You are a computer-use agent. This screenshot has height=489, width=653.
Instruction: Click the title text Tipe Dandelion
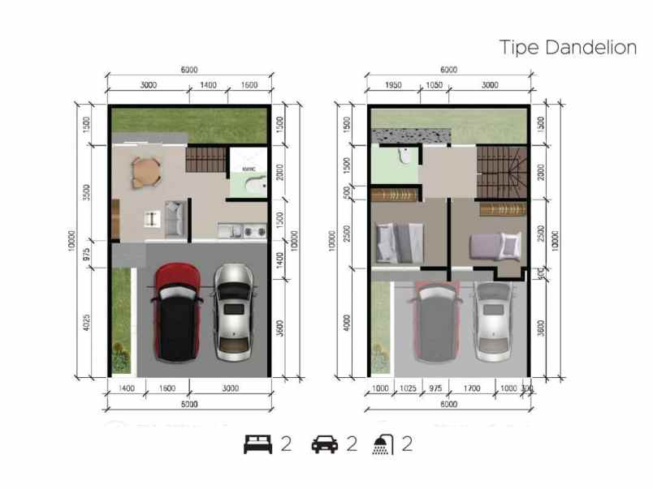567,48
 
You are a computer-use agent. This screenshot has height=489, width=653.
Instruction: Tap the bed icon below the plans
257,444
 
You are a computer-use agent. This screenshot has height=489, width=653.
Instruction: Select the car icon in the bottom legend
324,444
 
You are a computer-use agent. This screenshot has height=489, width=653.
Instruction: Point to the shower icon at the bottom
383,444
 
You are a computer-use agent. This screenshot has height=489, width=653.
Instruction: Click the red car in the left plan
178,312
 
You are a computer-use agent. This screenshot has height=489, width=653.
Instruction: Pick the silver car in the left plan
233,312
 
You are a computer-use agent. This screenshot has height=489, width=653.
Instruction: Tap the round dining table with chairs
146,171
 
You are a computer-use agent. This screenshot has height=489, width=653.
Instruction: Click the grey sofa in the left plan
175,217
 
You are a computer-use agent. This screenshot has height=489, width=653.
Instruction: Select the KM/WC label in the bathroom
249,169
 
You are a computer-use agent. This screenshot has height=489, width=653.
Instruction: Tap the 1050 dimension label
432,85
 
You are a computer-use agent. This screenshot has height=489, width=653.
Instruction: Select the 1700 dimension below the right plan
471,389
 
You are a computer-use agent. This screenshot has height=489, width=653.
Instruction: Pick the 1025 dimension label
409,389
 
